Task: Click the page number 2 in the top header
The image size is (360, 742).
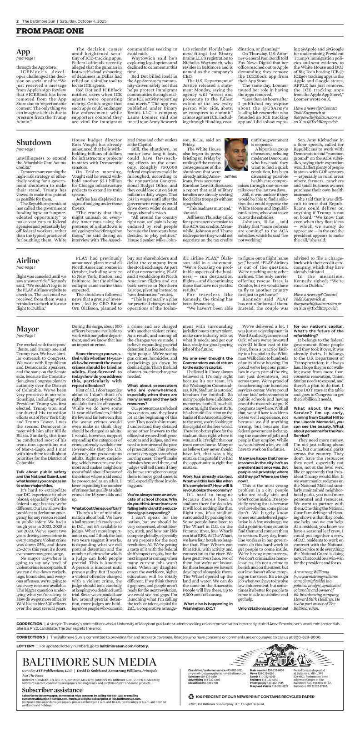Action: [x=18, y=21]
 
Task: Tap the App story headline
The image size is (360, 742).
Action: [x=23, y=51]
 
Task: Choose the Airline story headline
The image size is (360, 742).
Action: [x=28, y=261]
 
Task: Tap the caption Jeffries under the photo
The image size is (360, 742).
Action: [x=231, y=176]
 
